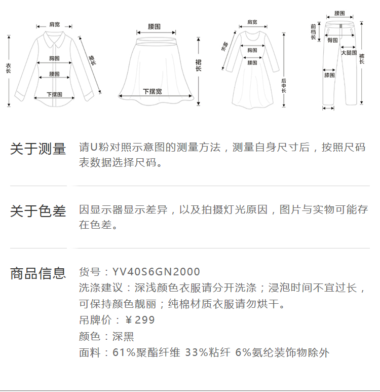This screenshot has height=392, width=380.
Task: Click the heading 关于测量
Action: point(38,149)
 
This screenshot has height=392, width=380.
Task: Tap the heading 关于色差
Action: point(38,211)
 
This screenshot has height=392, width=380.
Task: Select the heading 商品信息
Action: point(38,273)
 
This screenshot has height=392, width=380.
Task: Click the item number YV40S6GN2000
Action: point(156,272)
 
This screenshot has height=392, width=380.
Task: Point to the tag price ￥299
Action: point(140,320)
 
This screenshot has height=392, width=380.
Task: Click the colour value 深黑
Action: point(123,337)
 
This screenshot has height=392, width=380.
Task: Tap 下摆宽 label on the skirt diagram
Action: point(153,91)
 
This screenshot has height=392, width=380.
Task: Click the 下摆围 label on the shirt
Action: point(54,94)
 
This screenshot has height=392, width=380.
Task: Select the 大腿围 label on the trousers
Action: point(349,53)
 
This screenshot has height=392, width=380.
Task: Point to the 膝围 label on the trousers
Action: point(329,75)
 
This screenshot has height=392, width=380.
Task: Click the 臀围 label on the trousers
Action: point(332,40)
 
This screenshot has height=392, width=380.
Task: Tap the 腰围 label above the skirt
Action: point(154,27)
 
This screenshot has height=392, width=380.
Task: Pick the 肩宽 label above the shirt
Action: point(54,24)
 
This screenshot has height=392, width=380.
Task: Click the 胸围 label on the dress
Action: point(252,50)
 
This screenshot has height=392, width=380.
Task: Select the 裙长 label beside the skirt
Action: point(199,65)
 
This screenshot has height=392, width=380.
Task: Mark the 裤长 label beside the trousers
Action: point(362,59)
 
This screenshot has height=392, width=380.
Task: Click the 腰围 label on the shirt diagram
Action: point(54,74)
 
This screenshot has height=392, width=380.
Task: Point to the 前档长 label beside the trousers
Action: point(313,32)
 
